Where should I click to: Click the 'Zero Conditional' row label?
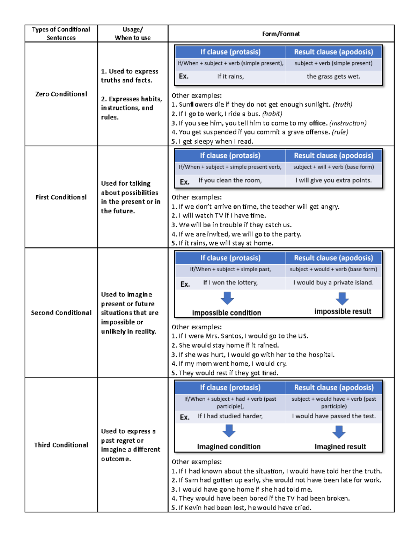61,94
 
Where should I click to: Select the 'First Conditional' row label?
61,197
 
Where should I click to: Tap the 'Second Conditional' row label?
61,313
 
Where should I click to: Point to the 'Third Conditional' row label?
61,445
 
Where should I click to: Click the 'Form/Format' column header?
281,34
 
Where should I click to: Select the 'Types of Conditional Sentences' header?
61,34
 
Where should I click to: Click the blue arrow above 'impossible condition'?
227,298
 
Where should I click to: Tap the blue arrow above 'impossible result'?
342,298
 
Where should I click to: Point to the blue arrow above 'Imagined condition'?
229,431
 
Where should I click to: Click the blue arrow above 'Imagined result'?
339,431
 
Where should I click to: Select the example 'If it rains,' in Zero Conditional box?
230,76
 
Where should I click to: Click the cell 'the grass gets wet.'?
333,76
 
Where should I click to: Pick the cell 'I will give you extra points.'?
333,180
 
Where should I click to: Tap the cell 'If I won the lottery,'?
230,283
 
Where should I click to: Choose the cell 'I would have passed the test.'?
334,416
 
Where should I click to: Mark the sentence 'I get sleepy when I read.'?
216,141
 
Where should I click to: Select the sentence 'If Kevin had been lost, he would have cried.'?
245,507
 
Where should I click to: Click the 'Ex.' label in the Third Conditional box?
185,417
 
